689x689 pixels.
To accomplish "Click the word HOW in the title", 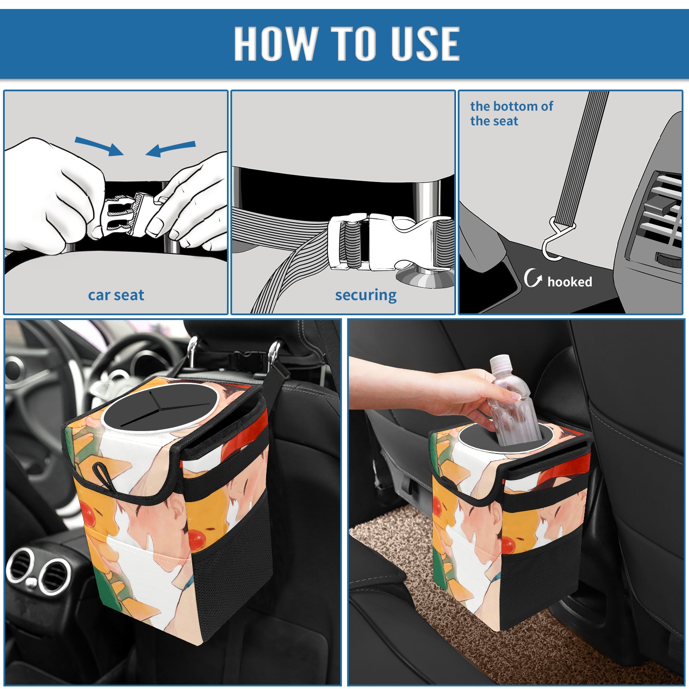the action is tap(276, 43).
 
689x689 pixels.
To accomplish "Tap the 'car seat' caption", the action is tap(116, 295).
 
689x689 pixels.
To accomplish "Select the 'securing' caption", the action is tap(366, 295).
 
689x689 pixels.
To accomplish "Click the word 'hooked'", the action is tap(570, 282).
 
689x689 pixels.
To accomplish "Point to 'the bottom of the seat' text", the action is tap(511, 113).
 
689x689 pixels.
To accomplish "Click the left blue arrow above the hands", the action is tap(99, 146).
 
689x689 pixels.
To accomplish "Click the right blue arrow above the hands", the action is tap(171, 149).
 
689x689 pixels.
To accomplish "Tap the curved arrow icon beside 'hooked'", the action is tap(532, 278).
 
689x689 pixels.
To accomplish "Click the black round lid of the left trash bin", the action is tap(159, 406).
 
